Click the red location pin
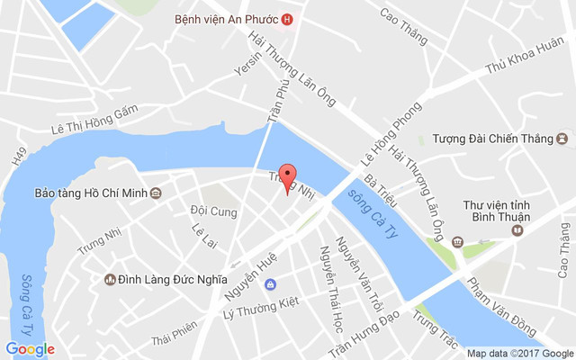click(288, 178)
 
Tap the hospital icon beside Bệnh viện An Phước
click(287, 19)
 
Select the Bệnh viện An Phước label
click(227, 19)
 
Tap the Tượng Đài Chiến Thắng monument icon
click(562, 139)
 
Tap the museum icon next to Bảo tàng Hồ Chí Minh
click(157, 193)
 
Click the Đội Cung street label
click(213, 211)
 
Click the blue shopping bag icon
click(270, 284)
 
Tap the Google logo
click(30, 348)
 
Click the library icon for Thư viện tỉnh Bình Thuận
click(517, 230)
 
